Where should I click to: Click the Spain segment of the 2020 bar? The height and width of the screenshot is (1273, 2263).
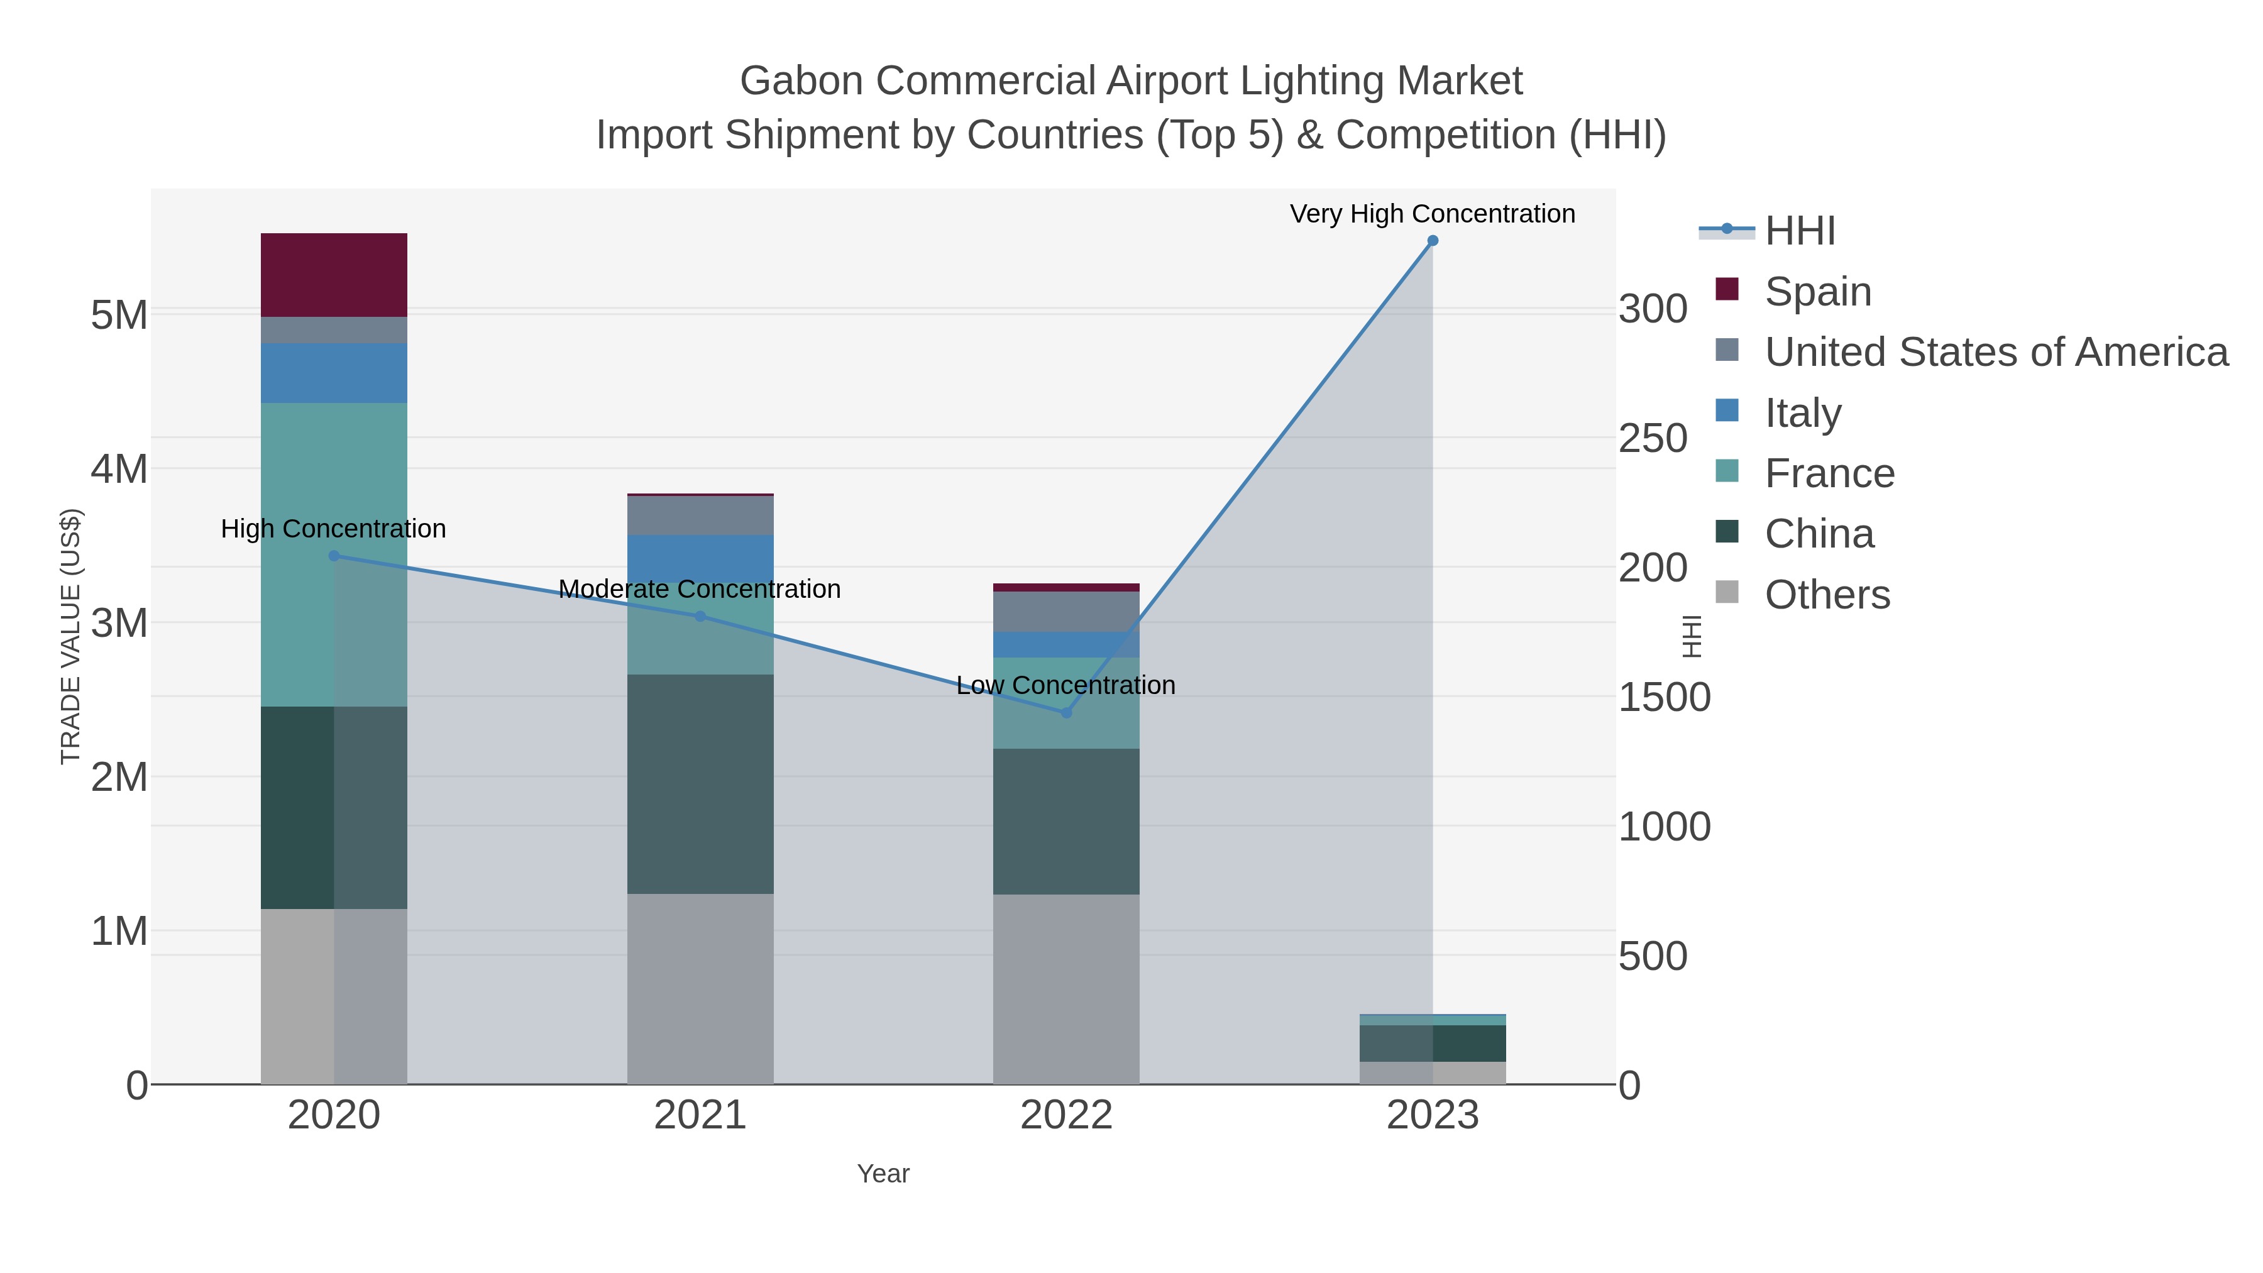pyautogui.click(x=334, y=275)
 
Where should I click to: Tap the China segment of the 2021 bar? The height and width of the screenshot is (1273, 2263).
pyautogui.click(x=700, y=784)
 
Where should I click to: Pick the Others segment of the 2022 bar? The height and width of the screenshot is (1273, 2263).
pyautogui.click(x=1065, y=988)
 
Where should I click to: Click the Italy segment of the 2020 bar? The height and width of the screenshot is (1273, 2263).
pyautogui.click(x=334, y=373)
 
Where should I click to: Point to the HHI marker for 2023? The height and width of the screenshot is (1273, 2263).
pyautogui.click(x=1432, y=241)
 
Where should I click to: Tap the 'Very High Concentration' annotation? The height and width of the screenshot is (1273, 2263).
pyautogui.click(x=1432, y=214)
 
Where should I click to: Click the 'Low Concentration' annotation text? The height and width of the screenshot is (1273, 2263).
pyautogui.click(x=1065, y=685)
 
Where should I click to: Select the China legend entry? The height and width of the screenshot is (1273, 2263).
pyautogui.click(x=1819, y=533)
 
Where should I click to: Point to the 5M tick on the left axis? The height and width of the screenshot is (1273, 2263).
pyautogui.click(x=119, y=314)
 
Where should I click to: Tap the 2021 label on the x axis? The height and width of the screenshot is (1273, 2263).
pyautogui.click(x=700, y=1115)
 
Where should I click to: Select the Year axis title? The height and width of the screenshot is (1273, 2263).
pyautogui.click(x=883, y=1174)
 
